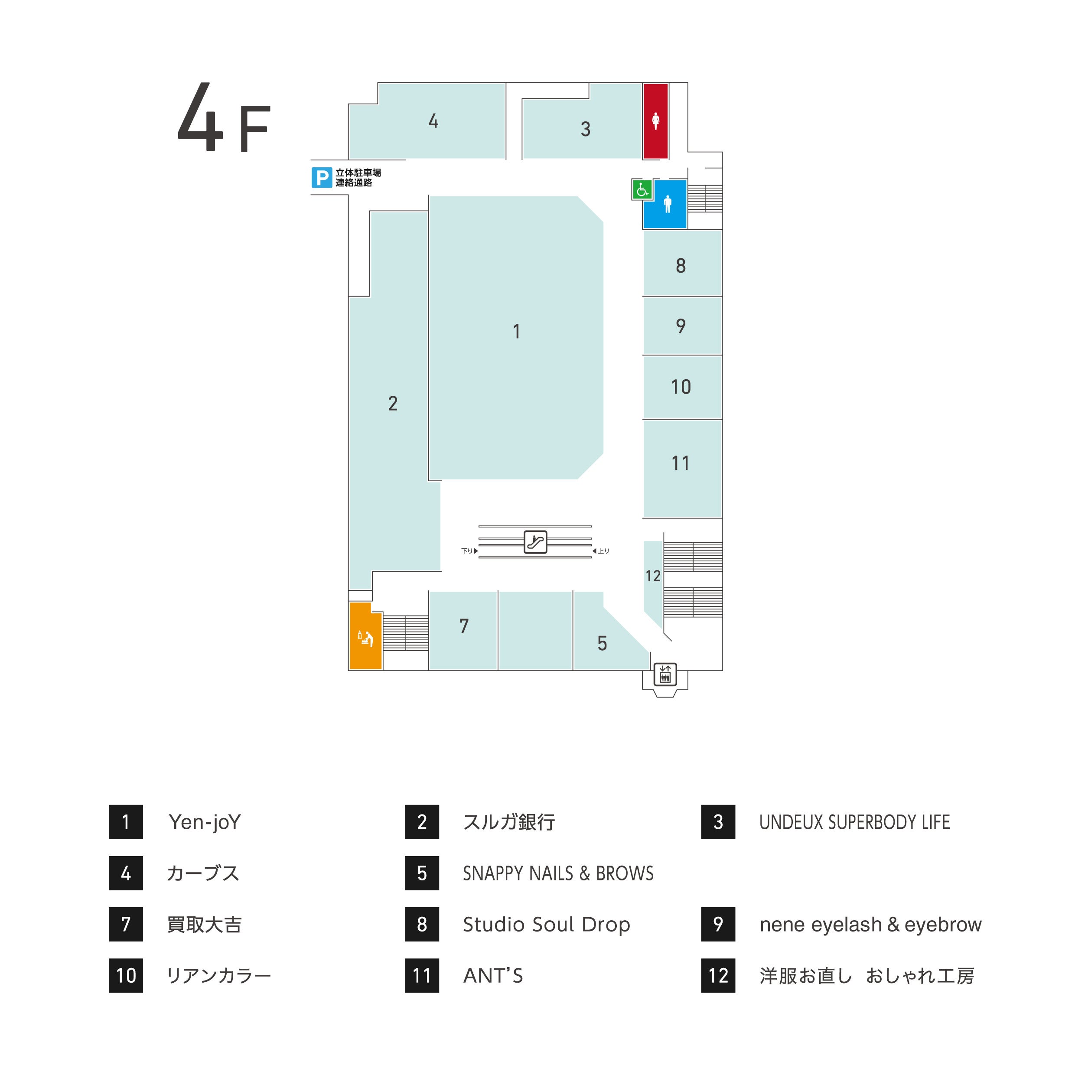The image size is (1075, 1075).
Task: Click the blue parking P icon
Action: point(322,178)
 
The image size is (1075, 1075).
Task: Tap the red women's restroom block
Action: point(655,121)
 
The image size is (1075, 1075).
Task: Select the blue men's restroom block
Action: point(665,204)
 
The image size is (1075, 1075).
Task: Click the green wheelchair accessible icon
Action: point(642,190)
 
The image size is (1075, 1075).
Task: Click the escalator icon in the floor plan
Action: point(535,542)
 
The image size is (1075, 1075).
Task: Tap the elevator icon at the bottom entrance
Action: point(665,674)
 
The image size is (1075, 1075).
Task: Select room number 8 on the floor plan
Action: point(681,266)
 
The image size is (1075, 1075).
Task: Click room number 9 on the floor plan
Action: point(681,326)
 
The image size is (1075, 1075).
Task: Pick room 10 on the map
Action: point(681,387)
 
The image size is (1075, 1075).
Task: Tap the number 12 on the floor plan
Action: point(653,576)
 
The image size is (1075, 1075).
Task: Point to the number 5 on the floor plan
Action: point(602,644)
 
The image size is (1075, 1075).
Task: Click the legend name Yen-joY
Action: point(204,822)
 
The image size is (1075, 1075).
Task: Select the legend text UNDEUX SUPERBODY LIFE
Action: point(854,822)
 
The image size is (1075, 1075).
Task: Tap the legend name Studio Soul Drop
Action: point(547,924)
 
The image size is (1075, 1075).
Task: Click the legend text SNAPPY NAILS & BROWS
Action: point(558,873)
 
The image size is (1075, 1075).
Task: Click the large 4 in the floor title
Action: point(200,118)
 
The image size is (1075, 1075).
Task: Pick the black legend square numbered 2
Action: point(422,822)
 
